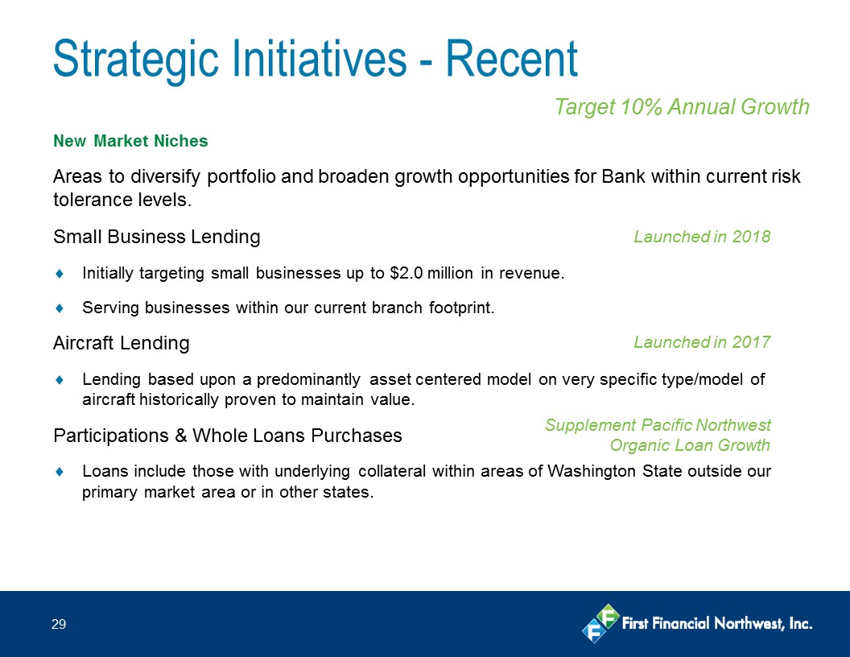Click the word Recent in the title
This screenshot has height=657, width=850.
coord(512,59)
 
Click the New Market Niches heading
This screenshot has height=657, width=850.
coord(130,141)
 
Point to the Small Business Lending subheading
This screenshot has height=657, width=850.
coord(157,237)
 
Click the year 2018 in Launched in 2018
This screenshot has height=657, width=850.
coord(751,237)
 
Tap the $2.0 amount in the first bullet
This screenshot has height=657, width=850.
coord(406,273)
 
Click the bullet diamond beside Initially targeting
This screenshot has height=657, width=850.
coord(60,274)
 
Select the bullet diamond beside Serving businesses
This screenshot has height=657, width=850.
coord(60,308)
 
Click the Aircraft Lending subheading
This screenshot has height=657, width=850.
coord(122,343)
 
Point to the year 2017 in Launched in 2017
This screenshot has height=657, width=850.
coord(751,342)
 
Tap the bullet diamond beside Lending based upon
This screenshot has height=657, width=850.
coord(60,380)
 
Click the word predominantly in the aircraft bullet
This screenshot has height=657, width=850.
coord(308,379)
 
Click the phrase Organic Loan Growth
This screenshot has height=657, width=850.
coord(690,445)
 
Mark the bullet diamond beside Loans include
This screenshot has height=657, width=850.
coord(60,472)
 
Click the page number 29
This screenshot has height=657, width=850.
coord(59,625)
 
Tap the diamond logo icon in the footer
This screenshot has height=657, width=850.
coord(600,623)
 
